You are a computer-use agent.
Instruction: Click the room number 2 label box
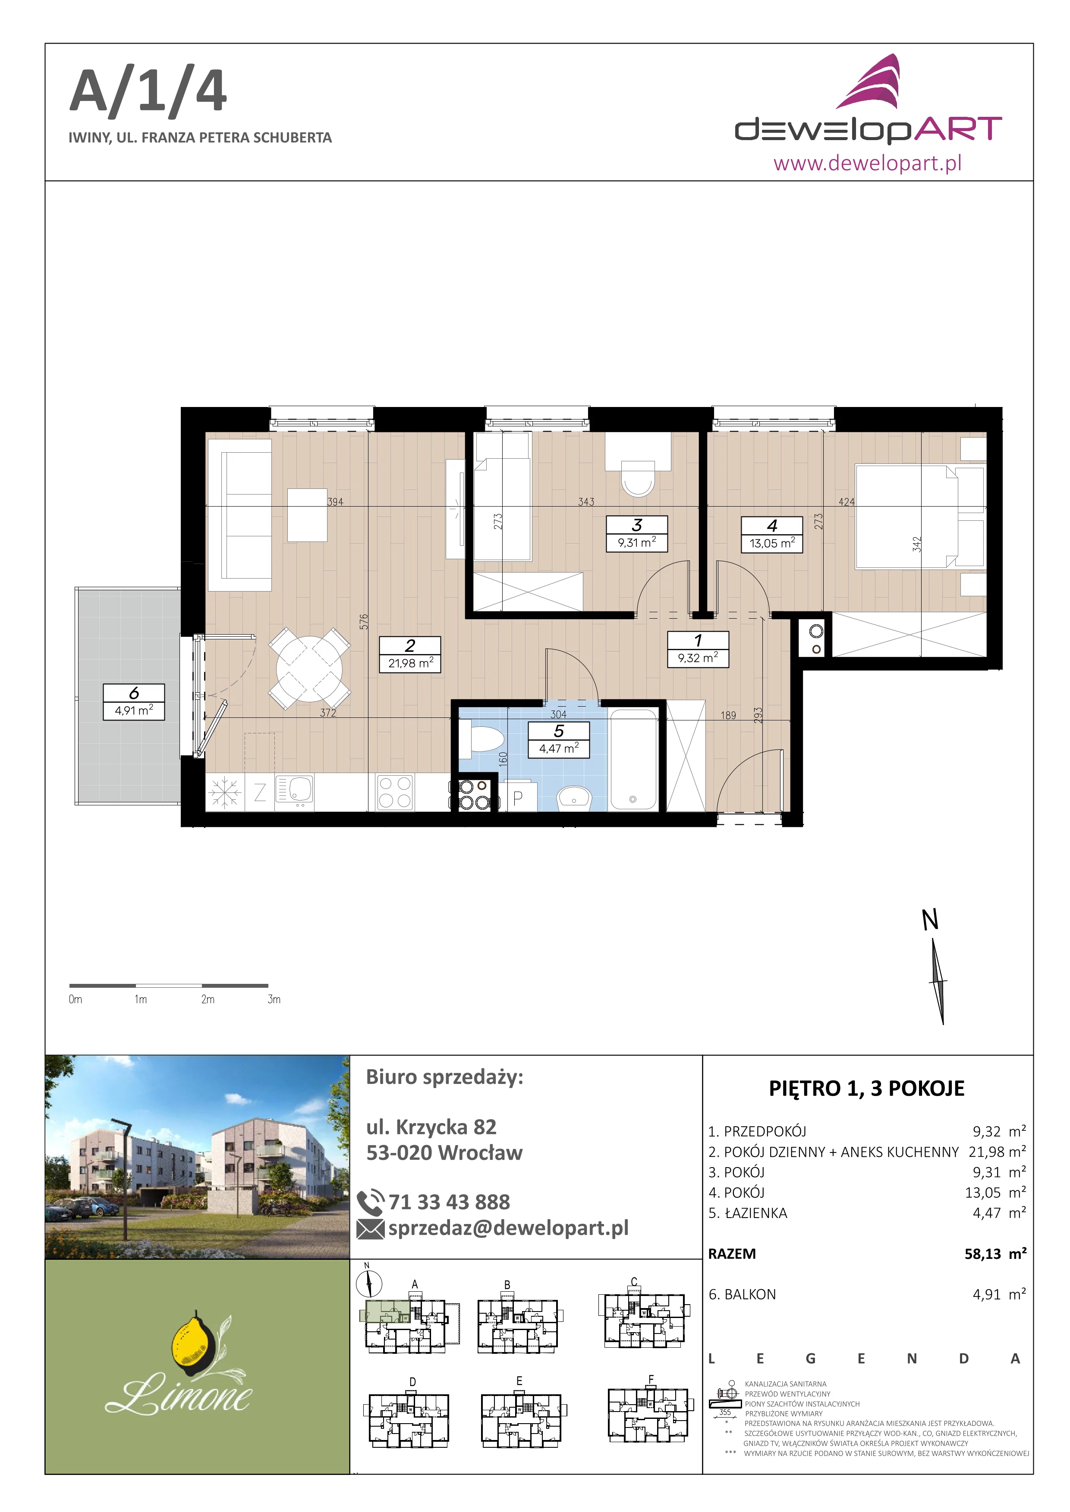pyautogui.click(x=410, y=645)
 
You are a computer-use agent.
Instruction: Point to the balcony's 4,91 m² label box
pyautogui.click(x=134, y=711)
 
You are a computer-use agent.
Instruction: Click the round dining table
pyautogui.click(x=309, y=668)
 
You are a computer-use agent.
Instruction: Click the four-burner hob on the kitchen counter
pyautogui.click(x=395, y=792)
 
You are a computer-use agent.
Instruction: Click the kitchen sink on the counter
pyautogui.click(x=294, y=791)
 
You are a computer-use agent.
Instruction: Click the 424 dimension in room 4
pyautogui.click(x=847, y=502)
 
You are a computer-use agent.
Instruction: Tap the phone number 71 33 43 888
pyautogui.click(x=449, y=1202)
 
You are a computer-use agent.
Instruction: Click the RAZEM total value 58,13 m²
pyautogui.click(x=995, y=1254)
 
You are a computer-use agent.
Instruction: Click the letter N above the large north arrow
pyautogui.click(x=930, y=920)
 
